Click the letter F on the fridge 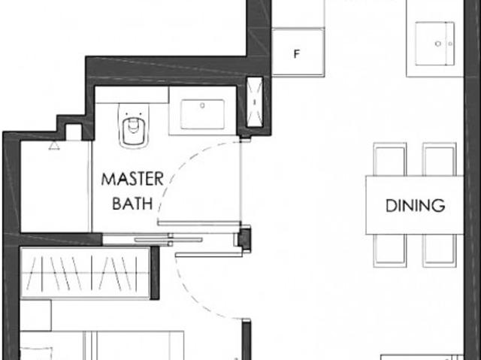296,55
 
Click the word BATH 132,203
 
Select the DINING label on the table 414,204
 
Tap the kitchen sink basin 437,44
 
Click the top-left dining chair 389,159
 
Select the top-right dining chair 439,159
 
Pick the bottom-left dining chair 389,250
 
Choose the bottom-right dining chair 439,250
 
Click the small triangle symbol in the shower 54,145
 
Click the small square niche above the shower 74,132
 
